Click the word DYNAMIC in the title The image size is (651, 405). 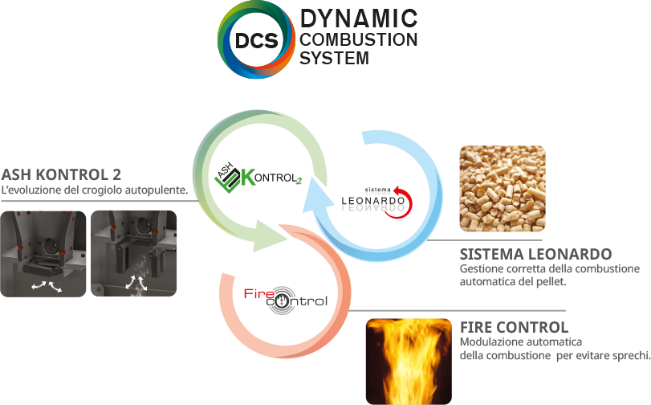pos(359,18)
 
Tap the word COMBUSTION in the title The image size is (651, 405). pos(359,39)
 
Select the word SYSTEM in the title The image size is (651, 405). pos(335,58)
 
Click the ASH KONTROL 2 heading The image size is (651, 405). pos(61,174)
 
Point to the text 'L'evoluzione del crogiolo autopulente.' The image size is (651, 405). pos(95,190)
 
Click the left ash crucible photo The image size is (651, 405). pos(43,253)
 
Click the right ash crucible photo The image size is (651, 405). pos(133,253)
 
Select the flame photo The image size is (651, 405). pos(407,361)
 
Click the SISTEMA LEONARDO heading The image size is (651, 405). pos(535,254)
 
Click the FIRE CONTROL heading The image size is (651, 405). pos(515,327)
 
